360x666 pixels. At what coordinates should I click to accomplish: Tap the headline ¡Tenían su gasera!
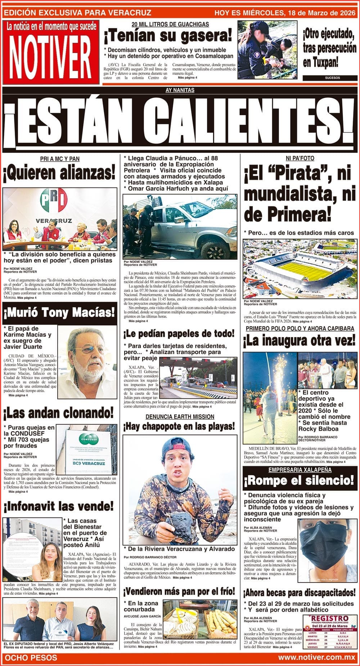pyautogui.click(x=168, y=36)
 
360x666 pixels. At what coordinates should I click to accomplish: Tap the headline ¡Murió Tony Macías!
pyautogui.click(x=59, y=313)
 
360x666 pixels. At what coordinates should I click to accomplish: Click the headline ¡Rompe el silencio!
pyautogui.click(x=299, y=480)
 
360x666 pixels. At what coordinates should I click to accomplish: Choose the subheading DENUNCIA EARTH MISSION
pyautogui.click(x=180, y=417)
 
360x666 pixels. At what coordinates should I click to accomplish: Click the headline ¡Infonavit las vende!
pyautogui.click(x=59, y=506)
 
